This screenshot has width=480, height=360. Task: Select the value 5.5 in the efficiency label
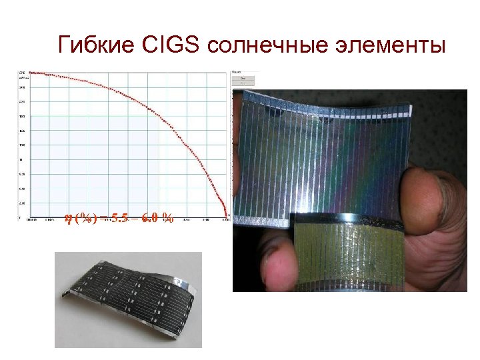[121, 217]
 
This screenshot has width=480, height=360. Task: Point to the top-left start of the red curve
[31, 71]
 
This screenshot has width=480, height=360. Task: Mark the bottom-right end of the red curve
[226, 216]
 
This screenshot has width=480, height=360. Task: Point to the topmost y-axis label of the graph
[23, 72]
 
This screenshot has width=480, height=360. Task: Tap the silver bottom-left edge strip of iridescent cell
[263, 220]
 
